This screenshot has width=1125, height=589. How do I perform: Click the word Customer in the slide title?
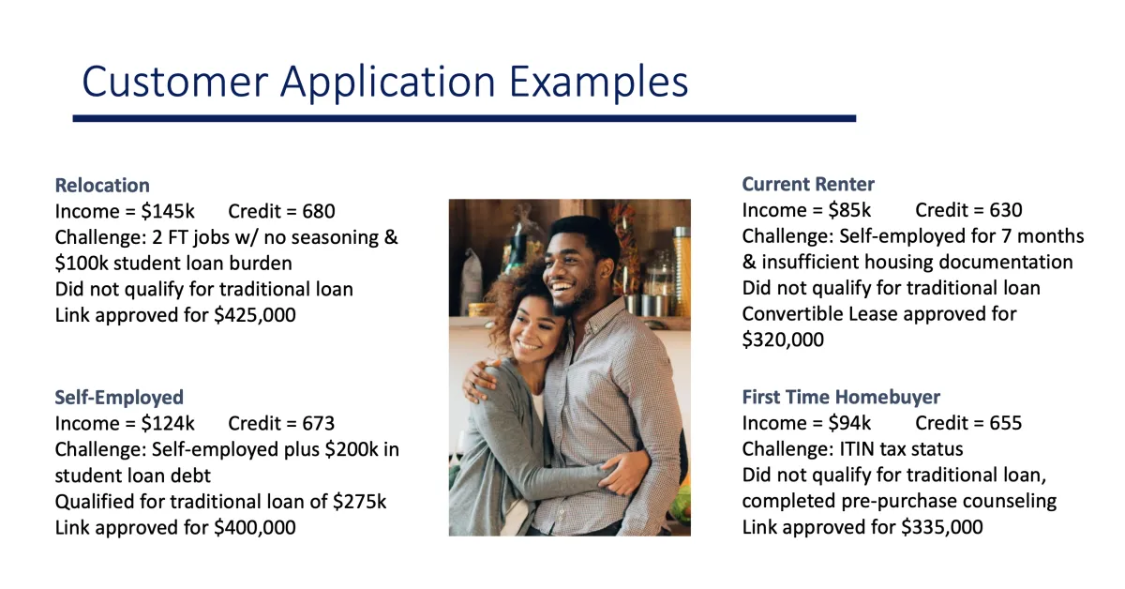pos(175,82)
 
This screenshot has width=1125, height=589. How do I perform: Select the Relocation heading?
pos(102,186)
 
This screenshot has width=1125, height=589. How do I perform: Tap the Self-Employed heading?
pos(119,398)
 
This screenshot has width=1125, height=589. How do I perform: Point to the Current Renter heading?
pos(808,185)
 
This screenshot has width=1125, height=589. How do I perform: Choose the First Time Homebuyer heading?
pos(841,397)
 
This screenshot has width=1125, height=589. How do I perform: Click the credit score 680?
pos(319,211)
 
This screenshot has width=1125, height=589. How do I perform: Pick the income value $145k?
pos(168,211)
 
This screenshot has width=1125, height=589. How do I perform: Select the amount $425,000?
pos(255,315)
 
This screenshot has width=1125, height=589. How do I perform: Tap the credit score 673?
pos(319,423)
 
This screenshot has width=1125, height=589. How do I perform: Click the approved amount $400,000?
pos(255,528)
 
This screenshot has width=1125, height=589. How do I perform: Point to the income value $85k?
pos(849,210)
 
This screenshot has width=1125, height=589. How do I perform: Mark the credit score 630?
pos(1006,210)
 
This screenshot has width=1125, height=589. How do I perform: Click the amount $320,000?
pos(783,340)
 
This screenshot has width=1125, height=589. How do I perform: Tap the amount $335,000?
pos(942,527)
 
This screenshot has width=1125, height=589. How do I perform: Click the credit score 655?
pos(1006,423)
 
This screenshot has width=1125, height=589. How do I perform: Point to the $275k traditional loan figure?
pos(360,502)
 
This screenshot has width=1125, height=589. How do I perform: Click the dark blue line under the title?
pos(465,118)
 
